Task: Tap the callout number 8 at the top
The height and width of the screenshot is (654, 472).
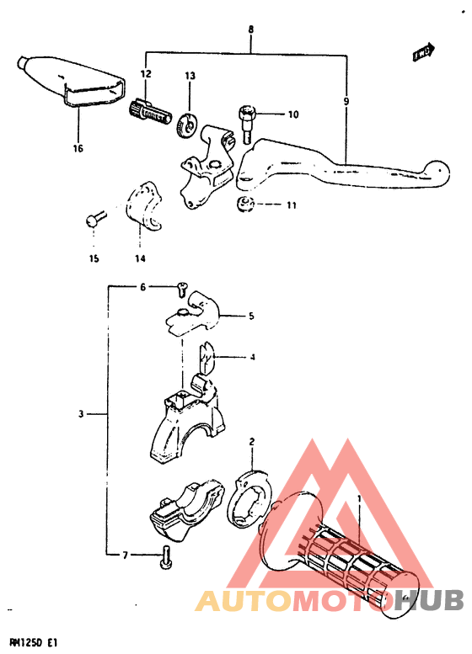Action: pos(250,30)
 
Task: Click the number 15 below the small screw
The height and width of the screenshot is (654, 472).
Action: pos(94,258)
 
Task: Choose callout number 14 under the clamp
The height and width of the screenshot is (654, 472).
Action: pos(140,258)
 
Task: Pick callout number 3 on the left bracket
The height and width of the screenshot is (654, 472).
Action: pos(82,414)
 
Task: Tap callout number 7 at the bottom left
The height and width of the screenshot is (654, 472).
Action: pos(125,556)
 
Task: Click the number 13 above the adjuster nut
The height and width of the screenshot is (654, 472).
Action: pos(190,77)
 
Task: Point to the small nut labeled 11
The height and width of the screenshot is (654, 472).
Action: pos(244,205)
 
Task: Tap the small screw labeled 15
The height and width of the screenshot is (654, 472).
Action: pos(93,221)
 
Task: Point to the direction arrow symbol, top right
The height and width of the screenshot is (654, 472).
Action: pos(423,52)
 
